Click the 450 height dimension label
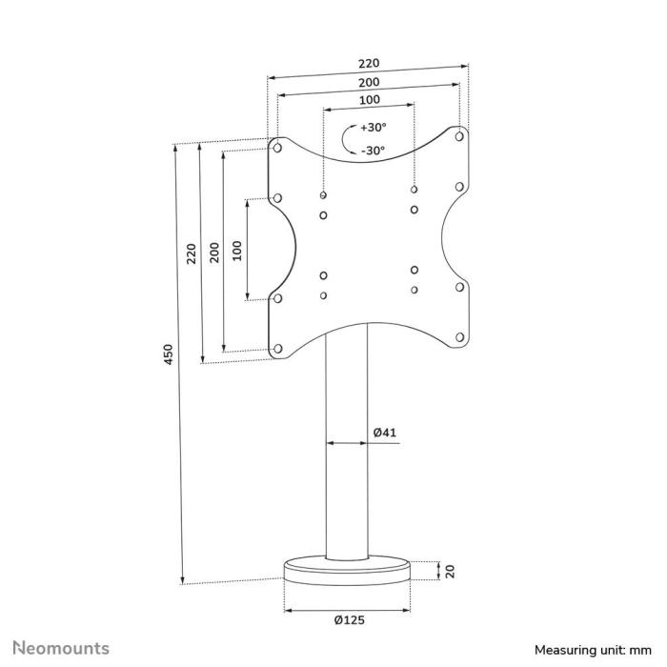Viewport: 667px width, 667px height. point(169,356)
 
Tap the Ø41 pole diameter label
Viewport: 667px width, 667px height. point(384,433)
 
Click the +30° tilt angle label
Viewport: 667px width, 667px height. point(373,128)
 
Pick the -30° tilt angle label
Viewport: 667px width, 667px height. point(373,150)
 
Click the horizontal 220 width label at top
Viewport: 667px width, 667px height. point(368,64)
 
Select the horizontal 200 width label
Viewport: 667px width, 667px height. point(369,82)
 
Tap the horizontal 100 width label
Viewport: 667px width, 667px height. point(369,100)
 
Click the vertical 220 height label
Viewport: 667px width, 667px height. point(192,253)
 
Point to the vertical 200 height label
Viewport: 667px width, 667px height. point(215,252)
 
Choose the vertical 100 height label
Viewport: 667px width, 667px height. point(238,250)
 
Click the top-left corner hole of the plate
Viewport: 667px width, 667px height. point(276,148)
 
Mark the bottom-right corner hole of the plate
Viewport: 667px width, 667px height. point(459,336)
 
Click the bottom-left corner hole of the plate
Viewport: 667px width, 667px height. point(277,349)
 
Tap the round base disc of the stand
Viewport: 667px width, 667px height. point(349,573)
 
